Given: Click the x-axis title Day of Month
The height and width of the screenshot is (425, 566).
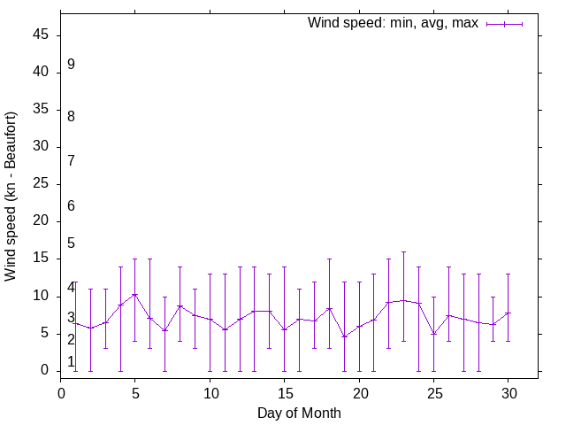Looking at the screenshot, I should tap(299, 413).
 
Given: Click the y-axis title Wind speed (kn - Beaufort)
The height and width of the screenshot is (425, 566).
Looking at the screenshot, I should tap(11, 196).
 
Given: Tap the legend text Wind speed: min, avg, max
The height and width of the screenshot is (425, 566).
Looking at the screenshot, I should tap(393, 23).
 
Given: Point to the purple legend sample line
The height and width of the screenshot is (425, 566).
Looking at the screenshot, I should tap(505, 24).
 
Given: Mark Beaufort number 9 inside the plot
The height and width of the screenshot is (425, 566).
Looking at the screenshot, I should tap(71, 65).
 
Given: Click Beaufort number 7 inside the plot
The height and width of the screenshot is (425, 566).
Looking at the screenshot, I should tap(71, 160).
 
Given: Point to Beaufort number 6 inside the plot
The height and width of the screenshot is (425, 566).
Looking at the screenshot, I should tap(71, 206).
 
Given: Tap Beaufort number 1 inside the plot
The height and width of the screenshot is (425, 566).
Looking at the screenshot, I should tap(71, 361).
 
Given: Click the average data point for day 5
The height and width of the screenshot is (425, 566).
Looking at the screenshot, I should tap(135, 294).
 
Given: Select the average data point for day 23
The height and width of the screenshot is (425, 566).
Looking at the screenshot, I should tap(403, 300).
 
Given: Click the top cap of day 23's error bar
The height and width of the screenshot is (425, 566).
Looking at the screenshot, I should tap(403, 251).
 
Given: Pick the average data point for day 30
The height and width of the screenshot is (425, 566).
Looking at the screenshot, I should tap(508, 313).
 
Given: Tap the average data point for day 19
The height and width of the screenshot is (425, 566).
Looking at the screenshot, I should tap(344, 336).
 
